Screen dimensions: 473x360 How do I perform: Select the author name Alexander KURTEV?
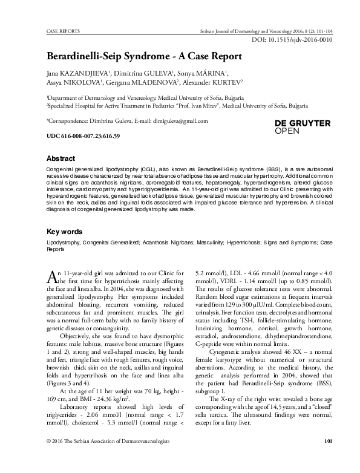[214, 82]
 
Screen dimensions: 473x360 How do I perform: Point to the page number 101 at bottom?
[329, 459]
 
